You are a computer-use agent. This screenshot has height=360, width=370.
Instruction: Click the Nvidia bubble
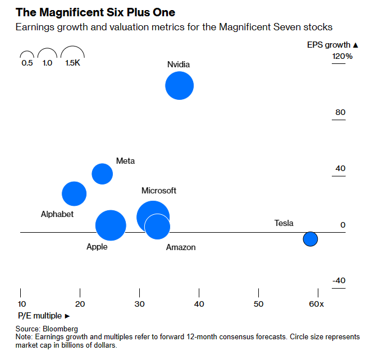tap(179, 86)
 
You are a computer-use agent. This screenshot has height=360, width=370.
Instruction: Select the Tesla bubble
tap(310, 239)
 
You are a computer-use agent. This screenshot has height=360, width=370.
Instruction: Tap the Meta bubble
tap(102, 174)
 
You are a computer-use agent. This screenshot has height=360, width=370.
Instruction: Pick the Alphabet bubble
tap(74, 193)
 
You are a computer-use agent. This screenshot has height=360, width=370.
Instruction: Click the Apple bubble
tap(111, 225)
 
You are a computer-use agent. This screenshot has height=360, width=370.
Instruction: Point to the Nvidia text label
tap(179, 64)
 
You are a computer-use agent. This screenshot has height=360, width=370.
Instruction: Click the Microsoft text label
tap(159, 191)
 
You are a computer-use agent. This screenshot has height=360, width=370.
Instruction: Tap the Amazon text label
tap(181, 247)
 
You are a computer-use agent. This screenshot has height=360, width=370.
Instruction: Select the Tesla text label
tap(284, 223)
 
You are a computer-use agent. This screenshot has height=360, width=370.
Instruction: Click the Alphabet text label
tap(57, 214)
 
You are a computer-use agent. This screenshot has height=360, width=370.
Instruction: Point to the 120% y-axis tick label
tap(342, 57)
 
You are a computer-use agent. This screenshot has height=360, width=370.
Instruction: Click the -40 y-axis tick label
tap(339, 281)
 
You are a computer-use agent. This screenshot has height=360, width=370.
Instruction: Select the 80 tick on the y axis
tap(340, 113)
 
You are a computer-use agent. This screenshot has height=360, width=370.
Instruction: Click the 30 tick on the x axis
tap(139, 304)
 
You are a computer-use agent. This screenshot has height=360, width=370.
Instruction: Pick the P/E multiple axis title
tap(41, 316)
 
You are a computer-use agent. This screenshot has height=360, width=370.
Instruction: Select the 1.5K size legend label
tap(72, 64)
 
